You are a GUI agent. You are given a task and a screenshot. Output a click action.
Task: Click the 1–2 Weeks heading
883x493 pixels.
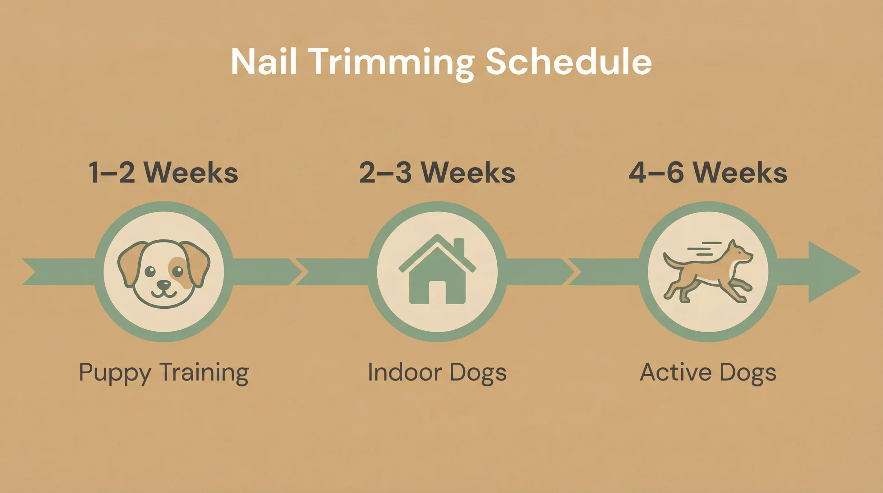[x=163, y=172]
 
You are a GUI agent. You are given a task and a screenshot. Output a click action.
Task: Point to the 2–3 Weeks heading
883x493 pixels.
[x=437, y=172]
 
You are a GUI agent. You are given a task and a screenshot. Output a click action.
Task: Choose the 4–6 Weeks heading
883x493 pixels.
[x=708, y=172]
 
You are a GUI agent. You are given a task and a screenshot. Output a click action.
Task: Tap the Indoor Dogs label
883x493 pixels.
[x=437, y=373]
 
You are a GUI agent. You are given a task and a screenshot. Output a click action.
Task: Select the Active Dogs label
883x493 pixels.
[x=708, y=373]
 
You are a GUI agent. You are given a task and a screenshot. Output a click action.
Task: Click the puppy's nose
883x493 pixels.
[x=164, y=285]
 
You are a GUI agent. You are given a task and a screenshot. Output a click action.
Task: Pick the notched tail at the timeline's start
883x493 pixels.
[x=31, y=272]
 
